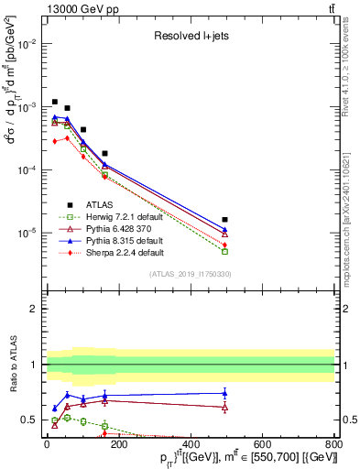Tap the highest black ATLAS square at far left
point(55,102)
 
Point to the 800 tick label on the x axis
point(335,447)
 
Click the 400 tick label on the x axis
point(191,447)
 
